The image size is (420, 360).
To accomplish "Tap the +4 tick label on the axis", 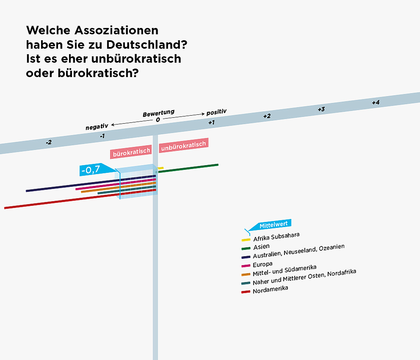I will point(376,102).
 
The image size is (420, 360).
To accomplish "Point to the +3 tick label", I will point(321,109).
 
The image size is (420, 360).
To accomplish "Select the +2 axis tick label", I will point(267,116).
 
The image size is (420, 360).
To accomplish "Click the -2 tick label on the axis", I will point(49,142).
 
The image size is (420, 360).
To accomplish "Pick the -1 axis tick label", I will point(102,136).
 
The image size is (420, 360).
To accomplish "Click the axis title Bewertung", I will point(158,114).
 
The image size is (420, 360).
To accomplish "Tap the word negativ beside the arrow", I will point(97,126).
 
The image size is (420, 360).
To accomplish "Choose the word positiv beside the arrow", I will point(216,112).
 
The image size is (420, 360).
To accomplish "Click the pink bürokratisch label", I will point(132,151).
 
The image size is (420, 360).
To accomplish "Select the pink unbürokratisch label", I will point(183,145).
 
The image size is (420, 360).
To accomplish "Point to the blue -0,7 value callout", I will point(90,170).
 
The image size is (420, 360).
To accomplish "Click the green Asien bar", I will point(188,168).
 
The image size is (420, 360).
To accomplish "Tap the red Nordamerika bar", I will point(64,201).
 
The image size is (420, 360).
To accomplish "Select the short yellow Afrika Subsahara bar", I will point(161,168).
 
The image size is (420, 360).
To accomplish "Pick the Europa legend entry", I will point(262,264).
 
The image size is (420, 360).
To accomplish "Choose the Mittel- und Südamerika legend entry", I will point(284,271).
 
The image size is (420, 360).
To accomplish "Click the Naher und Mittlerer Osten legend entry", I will point(304,277).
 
